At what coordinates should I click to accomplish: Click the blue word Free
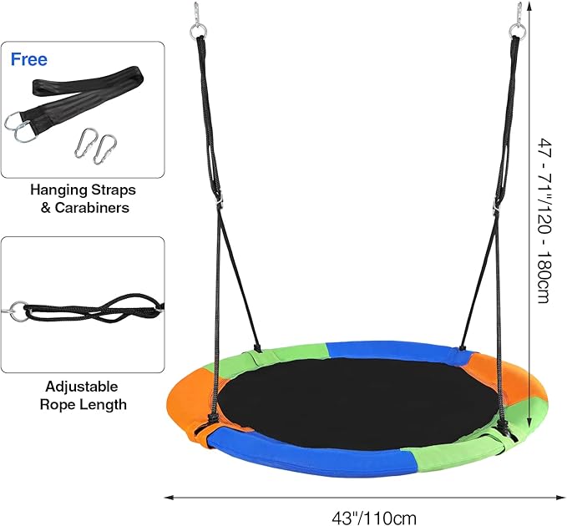coord(29,60)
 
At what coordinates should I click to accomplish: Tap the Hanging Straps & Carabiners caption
coord(83,199)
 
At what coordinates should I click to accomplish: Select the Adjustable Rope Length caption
coord(83,396)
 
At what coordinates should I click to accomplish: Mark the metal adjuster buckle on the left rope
coord(220,200)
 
